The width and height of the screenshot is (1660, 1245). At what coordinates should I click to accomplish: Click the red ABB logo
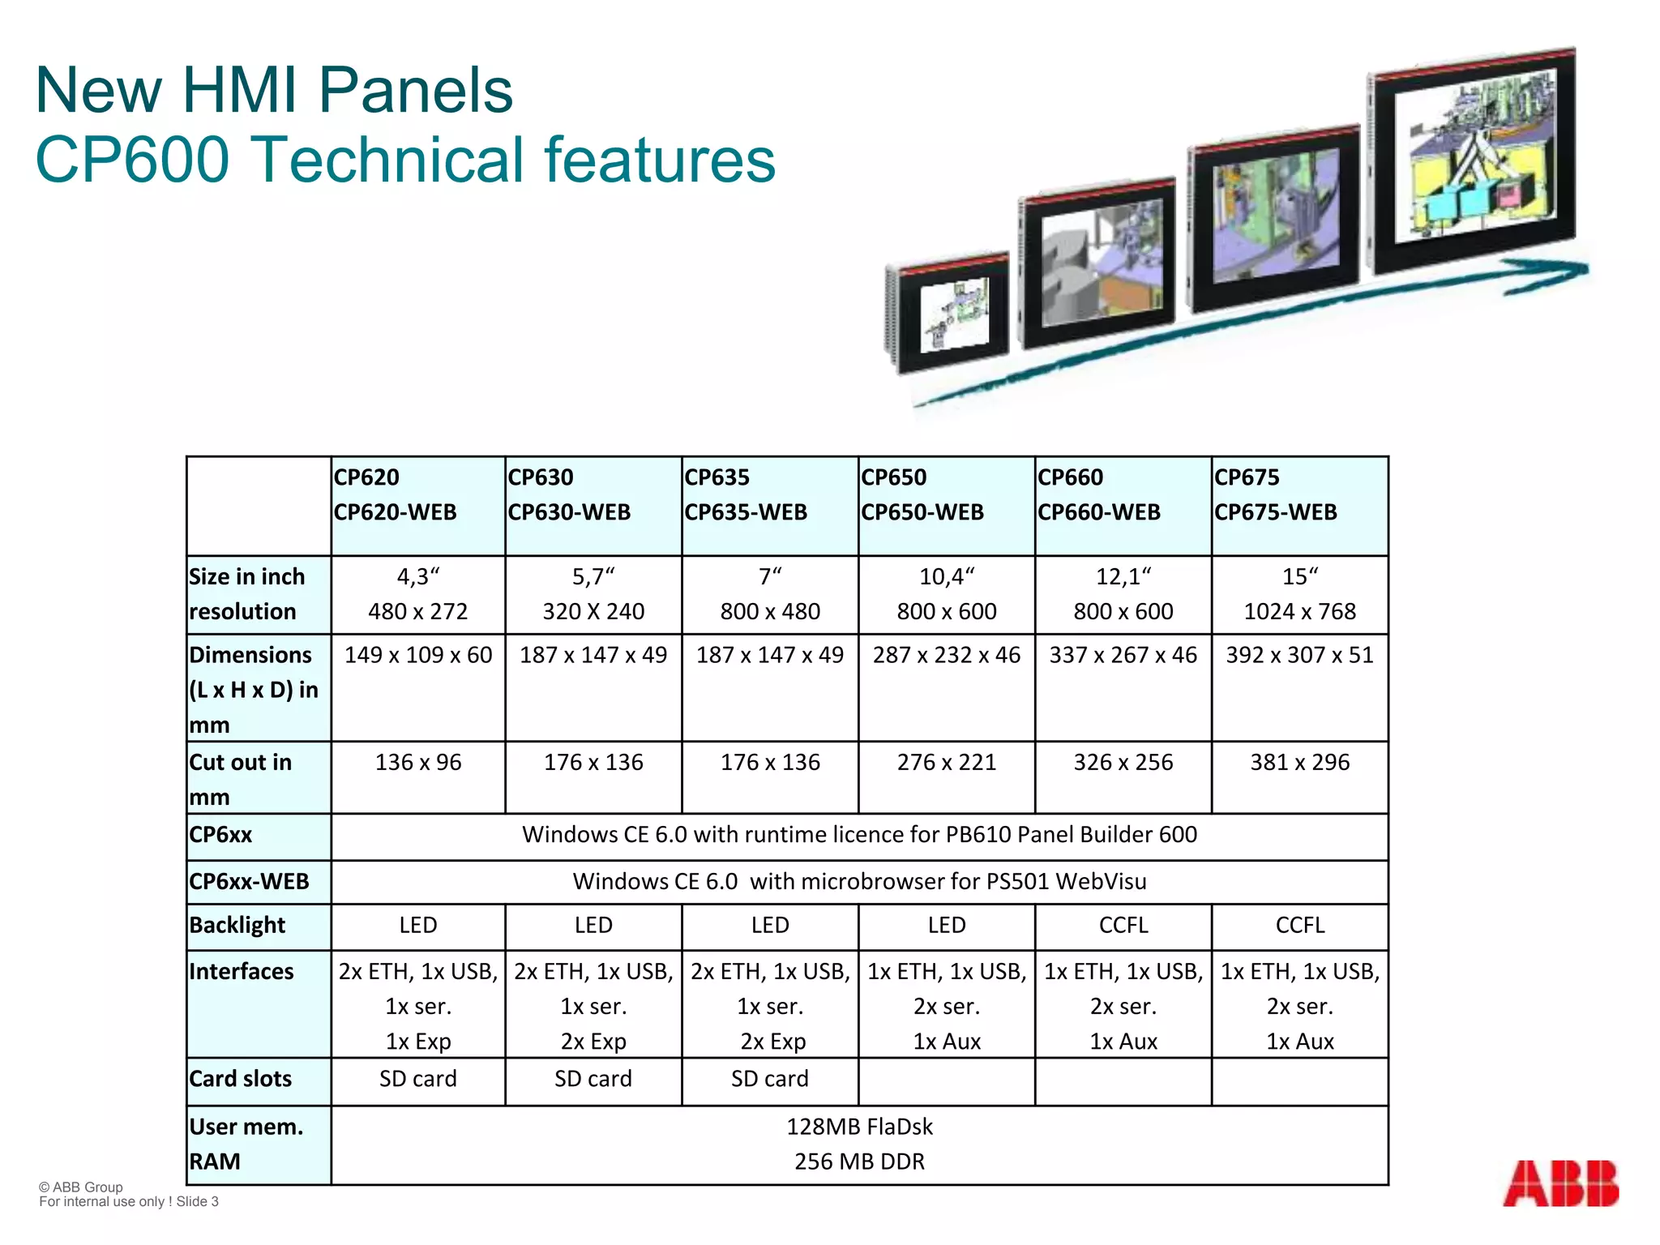pyautogui.click(x=1559, y=1183)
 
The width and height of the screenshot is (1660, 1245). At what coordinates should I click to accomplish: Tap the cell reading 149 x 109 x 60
pyautogui.click(x=418, y=655)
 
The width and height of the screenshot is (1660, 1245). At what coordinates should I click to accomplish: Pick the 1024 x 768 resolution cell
pyautogui.click(x=1299, y=611)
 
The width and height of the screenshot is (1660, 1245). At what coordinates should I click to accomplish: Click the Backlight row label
pyautogui.click(x=237, y=925)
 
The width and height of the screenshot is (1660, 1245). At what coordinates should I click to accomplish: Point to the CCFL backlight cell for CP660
pyautogui.click(x=1123, y=925)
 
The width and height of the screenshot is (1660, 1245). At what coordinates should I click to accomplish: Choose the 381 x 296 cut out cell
pyautogui.click(x=1299, y=762)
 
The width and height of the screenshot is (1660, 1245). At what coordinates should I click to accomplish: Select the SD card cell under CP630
pyautogui.click(x=593, y=1079)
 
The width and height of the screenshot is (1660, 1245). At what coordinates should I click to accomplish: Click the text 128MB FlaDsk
pyautogui.click(x=859, y=1127)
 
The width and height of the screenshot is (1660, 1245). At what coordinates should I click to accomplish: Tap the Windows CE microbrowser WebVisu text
pyautogui.click(x=859, y=881)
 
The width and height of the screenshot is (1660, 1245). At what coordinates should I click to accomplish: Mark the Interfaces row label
pyautogui.click(x=242, y=971)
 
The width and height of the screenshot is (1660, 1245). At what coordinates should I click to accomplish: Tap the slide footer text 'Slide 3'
pyautogui.click(x=197, y=1201)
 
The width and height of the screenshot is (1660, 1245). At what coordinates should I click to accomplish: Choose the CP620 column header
pyautogui.click(x=396, y=494)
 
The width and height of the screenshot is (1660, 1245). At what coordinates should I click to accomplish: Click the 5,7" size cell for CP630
pyautogui.click(x=593, y=576)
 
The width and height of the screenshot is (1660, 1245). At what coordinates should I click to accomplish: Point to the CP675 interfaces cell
pyautogui.click(x=1299, y=1006)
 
